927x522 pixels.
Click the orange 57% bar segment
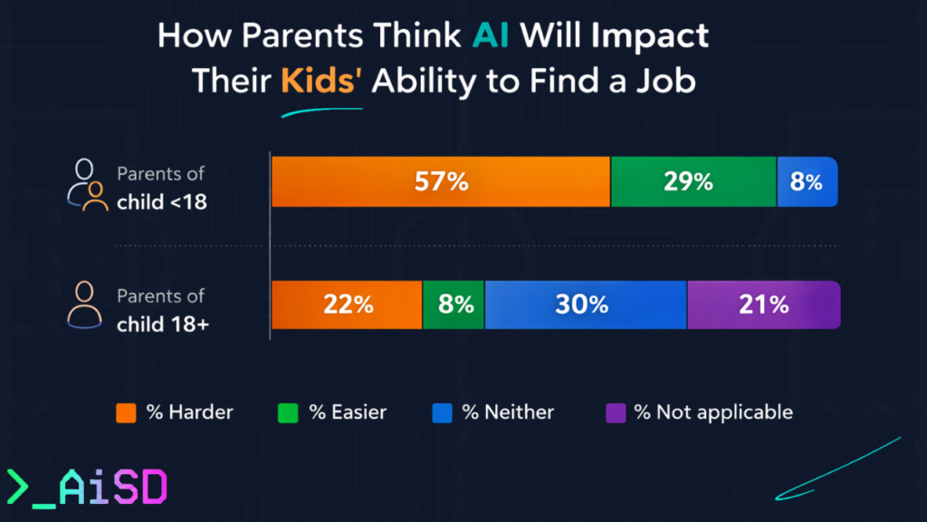(x=441, y=181)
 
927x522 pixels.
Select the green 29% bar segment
(x=693, y=181)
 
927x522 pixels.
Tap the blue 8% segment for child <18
(x=807, y=181)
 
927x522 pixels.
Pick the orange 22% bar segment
(x=347, y=304)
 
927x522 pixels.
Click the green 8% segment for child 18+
(x=454, y=304)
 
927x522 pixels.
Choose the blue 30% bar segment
(x=586, y=304)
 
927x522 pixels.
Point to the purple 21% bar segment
(x=763, y=304)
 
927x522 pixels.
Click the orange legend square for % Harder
(x=127, y=412)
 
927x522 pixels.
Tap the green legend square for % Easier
(x=288, y=412)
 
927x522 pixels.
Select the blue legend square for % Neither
(x=442, y=412)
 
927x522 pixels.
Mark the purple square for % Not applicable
(x=616, y=412)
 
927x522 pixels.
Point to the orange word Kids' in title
(x=320, y=81)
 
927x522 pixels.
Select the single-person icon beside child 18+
(x=85, y=306)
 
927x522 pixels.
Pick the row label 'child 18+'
(x=163, y=324)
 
